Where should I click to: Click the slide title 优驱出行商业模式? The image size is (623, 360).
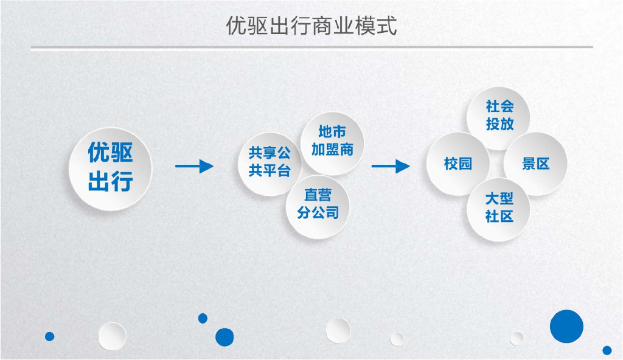311,26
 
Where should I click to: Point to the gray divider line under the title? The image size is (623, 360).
311,47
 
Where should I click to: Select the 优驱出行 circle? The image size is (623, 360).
110,167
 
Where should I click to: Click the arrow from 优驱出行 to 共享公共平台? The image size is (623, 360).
194,166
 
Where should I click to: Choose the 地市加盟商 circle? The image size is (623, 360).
332,142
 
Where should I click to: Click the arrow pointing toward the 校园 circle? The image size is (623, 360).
391,166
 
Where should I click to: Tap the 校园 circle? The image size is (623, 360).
458,164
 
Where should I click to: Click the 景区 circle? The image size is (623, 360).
536,164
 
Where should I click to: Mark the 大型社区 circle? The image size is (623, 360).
499,209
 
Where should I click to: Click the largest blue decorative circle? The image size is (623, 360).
566,326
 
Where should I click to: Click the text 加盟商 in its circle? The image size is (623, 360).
332,150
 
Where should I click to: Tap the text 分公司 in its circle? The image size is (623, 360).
318,213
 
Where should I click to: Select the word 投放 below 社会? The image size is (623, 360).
499,125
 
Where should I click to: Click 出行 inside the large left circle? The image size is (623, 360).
110,181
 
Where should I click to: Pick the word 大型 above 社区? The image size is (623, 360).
499,199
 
